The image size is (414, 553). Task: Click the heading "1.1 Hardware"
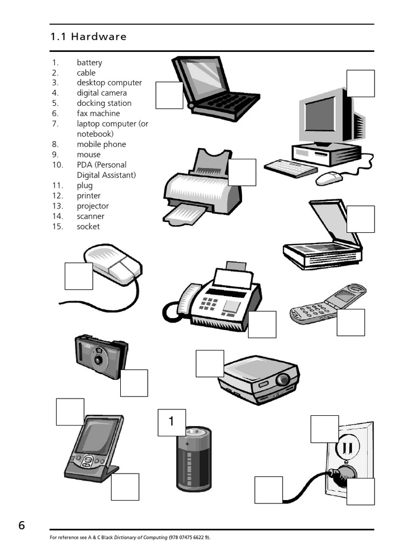[x=88, y=37]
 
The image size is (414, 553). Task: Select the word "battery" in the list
[x=89, y=63]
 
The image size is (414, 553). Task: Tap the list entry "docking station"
[x=103, y=103]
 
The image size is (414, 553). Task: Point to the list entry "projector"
[x=92, y=206]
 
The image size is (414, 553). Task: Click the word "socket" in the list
[x=88, y=226]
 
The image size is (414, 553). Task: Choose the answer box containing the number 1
[x=171, y=422]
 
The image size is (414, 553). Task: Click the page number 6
[x=22, y=525]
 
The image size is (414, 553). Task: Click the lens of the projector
[x=281, y=380]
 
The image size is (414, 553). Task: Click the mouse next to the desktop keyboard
[x=329, y=178]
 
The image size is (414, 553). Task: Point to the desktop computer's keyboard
[x=291, y=168]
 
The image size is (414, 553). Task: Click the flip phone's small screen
[x=346, y=296]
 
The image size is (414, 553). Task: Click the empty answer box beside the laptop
[x=169, y=95]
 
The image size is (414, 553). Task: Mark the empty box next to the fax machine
[x=262, y=325]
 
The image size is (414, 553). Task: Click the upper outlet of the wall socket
[x=345, y=448]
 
